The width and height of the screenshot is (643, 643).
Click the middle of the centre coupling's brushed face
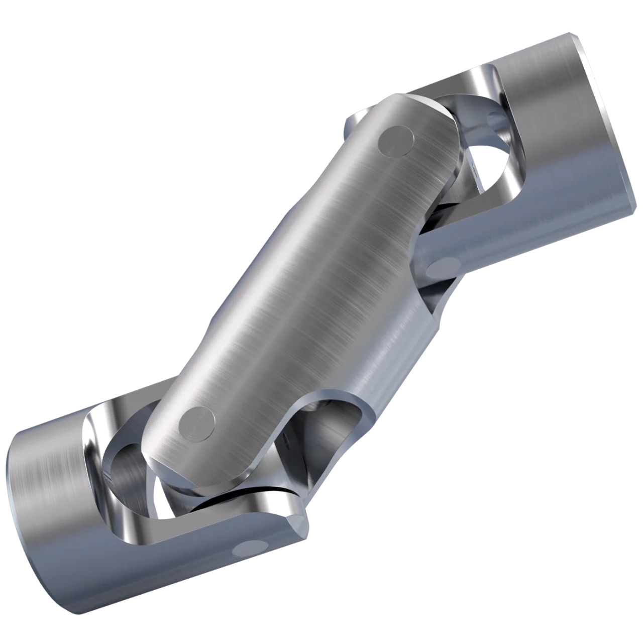(x=301, y=281)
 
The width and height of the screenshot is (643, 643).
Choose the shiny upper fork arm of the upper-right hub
(x=482, y=80)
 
